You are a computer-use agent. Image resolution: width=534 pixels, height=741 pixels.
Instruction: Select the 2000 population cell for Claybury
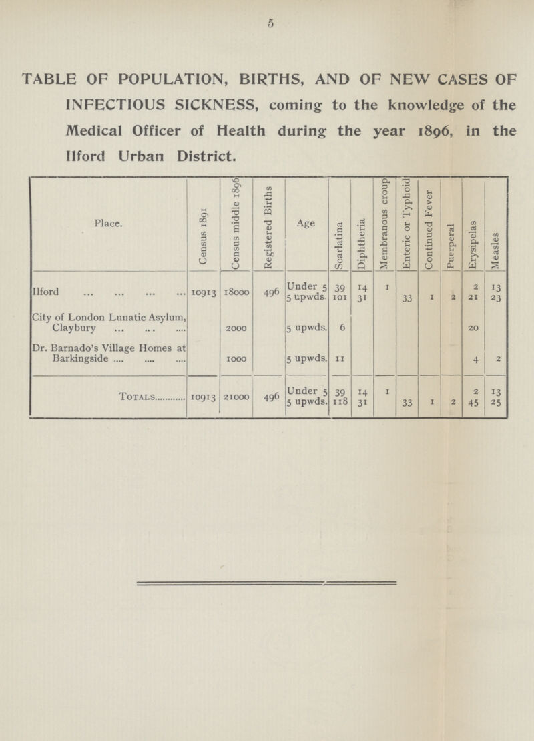point(237,328)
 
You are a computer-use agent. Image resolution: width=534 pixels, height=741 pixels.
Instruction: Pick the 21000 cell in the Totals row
point(237,397)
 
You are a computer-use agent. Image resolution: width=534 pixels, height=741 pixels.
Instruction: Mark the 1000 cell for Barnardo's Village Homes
point(237,360)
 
